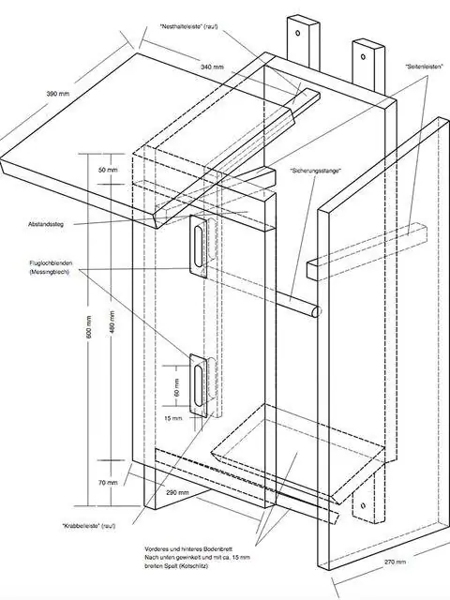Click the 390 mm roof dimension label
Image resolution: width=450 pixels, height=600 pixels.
pyautogui.click(x=58, y=94)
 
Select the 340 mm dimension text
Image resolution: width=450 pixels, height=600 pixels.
pyautogui.click(x=212, y=67)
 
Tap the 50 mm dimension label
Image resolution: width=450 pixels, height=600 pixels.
pyautogui.click(x=109, y=170)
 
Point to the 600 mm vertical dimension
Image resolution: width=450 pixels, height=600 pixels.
pyautogui.click(x=89, y=326)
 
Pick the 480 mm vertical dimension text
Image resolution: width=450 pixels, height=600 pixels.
pyautogui.click(x=112, y=322)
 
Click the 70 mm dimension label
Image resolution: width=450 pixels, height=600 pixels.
pyautogui.click(x=108, y=483)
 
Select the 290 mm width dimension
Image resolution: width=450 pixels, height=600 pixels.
pyautogui.click(x=177, y=492)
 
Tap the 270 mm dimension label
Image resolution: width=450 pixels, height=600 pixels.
pyautogui.click(x=395, y=562)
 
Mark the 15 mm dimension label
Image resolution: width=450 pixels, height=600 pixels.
pyautogui.click(x=173, y=418)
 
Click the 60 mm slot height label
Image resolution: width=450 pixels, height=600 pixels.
pyautogui.click(x=176, y=387)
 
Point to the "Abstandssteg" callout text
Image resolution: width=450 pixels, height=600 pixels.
pyautogui.click(x=46, y=224)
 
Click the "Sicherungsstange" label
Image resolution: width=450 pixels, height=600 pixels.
pyautogui.click(x=315, y=171)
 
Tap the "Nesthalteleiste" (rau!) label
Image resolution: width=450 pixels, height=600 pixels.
pyautogui.click(x=189, y=26)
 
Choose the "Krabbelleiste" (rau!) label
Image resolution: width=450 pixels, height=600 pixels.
pyautogui.click(x=89, y=526)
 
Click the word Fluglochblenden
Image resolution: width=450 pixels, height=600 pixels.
pyautogui.click(x=51, y=263)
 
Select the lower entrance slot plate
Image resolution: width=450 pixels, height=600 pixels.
pyautogui.click(x=199, y=385)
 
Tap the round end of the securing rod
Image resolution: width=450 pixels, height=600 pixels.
pyautogui.click(x=316, y=311)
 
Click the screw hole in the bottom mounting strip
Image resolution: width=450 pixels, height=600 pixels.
pyautogui.click(x=363, y=505)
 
